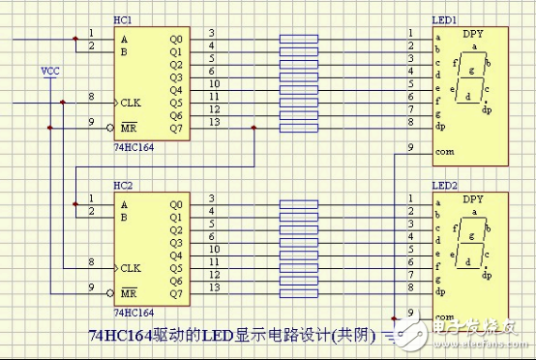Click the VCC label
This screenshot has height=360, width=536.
pyautogui.click(x=49, y=71)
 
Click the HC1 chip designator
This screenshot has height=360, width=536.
pyautogui.click(x=123, y=20)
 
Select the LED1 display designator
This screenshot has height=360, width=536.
pyautogui.click(x=444, y=20)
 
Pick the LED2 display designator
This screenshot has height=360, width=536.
pyautogui.click(x=444, y=183)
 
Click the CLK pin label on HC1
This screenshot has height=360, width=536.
pyautogui.click(x=131, y=101)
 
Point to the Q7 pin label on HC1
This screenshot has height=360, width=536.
pyautogui.click(x=175, y=127)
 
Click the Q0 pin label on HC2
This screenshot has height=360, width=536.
pyautogui.click(x=175, y=204)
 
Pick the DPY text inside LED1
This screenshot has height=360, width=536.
pyautogui.click(x=473, y=35)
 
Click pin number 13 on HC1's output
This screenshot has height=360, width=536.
pyautogui.click(x=212, y=121)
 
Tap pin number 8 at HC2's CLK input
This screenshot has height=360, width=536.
pyautogui.click(x=90, y=261)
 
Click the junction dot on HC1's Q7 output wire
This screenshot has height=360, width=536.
pyautogui.click(x=253, y=127)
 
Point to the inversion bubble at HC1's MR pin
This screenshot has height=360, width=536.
pyautogui.click(x=109, y=127)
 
